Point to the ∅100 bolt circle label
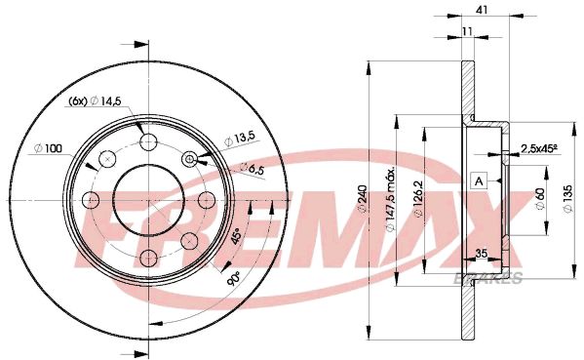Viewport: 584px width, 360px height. (47, 147)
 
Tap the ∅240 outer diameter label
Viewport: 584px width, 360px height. (363, 199)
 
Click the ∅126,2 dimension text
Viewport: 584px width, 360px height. (417, 199)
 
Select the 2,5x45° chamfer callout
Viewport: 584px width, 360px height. (541, 148)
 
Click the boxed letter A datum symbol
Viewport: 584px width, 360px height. (479, 180)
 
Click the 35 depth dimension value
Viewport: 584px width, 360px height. (480, 254)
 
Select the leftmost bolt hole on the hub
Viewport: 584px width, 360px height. (92, 200)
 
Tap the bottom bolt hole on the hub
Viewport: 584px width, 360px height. (147, 257)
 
